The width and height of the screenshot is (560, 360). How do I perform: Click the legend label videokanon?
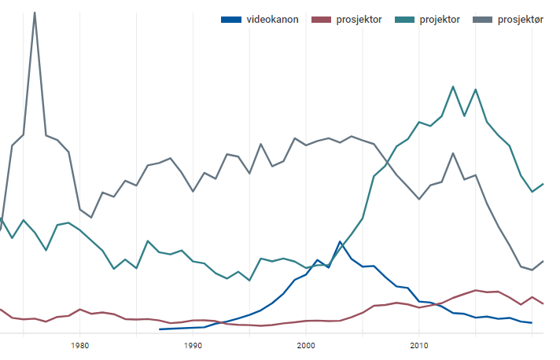point(272,20)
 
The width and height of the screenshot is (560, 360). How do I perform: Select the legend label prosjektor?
point(359,20)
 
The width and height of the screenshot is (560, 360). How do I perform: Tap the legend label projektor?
point(440,20)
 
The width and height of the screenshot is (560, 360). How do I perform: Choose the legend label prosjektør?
point(521,20)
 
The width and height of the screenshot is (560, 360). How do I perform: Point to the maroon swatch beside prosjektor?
point(321,20)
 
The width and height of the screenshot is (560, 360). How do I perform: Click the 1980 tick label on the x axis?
point(79,344)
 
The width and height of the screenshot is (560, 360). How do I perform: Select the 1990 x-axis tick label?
point(193,344)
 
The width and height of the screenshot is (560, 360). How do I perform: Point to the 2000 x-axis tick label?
point(306,344)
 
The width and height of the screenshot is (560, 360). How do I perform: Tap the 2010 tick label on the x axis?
point(419,344)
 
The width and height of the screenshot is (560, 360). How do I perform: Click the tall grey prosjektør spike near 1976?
point(35,13)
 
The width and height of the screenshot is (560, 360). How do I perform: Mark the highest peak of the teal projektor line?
point(453,86)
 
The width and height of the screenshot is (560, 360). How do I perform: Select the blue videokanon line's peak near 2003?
point(340,241)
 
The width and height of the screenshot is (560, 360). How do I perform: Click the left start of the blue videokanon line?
point(159,329)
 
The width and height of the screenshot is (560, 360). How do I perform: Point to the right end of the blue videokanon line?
point(532,322)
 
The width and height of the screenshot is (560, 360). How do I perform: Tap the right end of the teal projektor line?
point(543,183)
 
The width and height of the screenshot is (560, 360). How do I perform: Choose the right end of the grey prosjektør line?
point(543,260)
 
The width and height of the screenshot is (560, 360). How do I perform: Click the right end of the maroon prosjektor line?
point(543,303)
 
